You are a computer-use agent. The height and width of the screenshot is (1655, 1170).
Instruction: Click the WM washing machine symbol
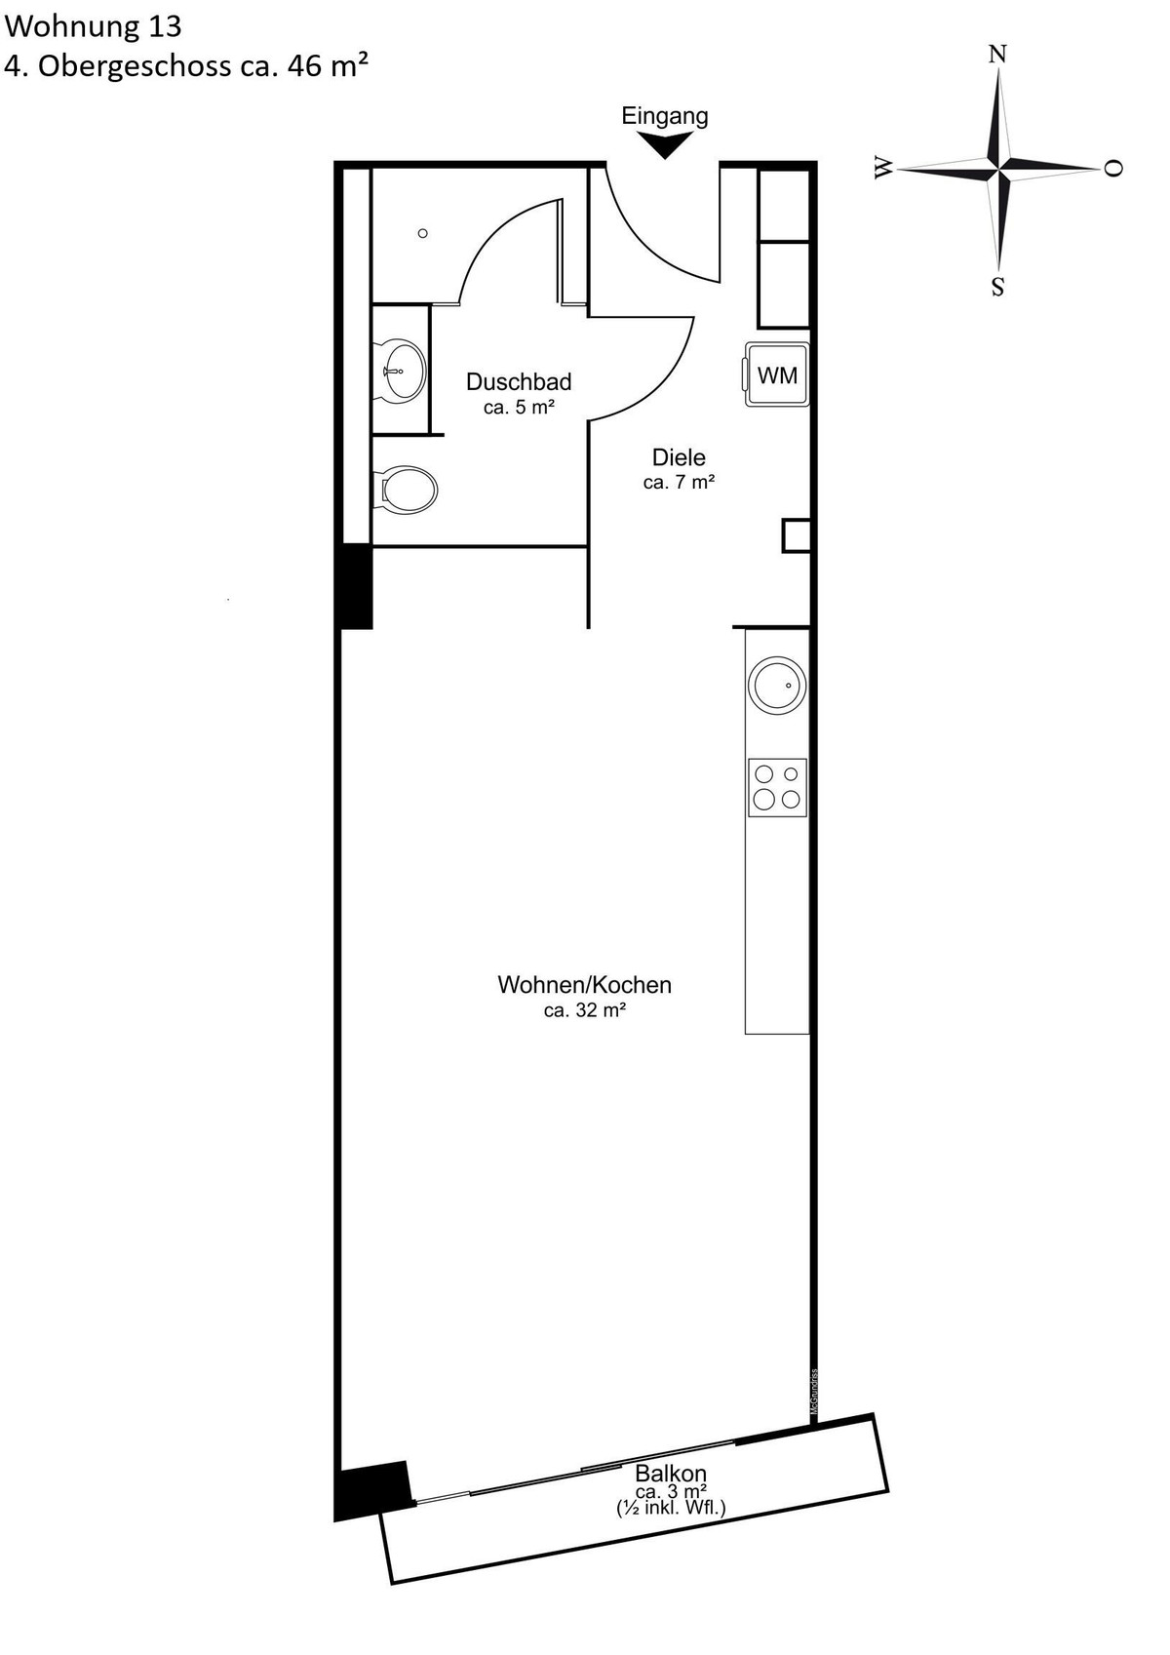point(776,374)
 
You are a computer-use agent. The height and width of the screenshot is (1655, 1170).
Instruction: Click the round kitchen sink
point(777,685)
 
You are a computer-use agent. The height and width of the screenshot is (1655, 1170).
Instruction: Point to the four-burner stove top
point(777,788)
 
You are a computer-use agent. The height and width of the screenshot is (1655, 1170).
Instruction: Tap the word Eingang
point(664,116)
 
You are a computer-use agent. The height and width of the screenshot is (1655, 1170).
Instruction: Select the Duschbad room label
point(519,382)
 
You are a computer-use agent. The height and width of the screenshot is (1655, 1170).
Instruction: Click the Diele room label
point(679,457)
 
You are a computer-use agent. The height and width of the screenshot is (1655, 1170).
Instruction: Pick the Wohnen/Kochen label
point(584,985)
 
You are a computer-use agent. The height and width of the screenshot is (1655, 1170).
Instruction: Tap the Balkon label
point(671,1474)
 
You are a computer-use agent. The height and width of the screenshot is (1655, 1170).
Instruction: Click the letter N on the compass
point(997,54)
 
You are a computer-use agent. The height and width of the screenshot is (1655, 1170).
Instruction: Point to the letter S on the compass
point(997,286)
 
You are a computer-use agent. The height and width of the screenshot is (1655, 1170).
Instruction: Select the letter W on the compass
point(883,169)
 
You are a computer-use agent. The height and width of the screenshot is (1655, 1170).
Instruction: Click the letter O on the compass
point(1114,168)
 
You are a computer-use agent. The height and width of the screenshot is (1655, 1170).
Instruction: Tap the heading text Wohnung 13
point(93,26)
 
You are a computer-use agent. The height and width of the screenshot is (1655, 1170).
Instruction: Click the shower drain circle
point(422,233)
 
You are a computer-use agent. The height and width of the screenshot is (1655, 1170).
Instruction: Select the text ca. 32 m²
point(585,1010)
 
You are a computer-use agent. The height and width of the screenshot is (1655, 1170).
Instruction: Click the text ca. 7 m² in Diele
point(679,483)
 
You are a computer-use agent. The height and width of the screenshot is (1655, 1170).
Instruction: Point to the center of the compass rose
point(997,169)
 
